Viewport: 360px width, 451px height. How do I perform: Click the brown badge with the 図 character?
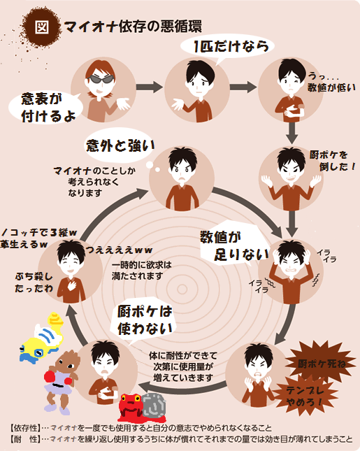click(41, 27)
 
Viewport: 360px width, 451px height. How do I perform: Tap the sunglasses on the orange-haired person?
click(101, 80)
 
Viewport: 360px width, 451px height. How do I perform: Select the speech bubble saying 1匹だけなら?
click(227, 48)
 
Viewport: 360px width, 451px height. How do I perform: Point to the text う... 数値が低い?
click(331, 83)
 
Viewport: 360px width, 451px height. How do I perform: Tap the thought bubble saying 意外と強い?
click(120, 145)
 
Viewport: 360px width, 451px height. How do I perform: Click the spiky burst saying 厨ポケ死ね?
click(322, 363)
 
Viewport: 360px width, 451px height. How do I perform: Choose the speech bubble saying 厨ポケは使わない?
click(145, 321)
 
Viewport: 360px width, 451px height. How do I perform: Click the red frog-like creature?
click(131, 407)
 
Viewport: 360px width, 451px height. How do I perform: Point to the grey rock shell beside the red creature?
click(154, 406)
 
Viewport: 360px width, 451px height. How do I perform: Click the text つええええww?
click(120, 250)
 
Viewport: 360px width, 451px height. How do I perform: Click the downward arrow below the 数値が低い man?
click(291, 133)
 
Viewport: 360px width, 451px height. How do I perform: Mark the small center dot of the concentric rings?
click(182, 289)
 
